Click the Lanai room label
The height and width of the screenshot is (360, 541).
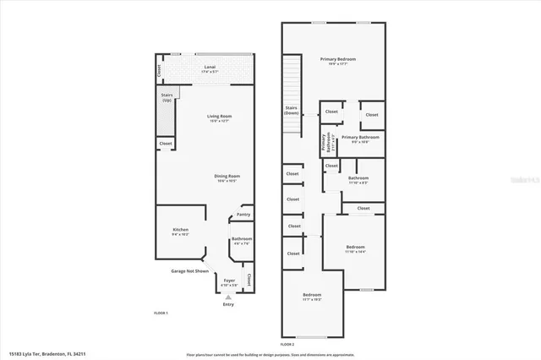209,68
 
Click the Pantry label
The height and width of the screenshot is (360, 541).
243,215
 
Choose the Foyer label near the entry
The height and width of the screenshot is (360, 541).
229,281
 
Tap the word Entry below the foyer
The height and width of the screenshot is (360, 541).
228,304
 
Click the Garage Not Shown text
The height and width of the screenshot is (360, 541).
190,271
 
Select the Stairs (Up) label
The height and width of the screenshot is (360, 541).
167,98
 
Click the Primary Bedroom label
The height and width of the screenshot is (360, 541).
337,60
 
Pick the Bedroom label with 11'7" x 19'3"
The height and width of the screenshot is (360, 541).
312,297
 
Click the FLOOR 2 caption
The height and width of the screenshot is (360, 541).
287,345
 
